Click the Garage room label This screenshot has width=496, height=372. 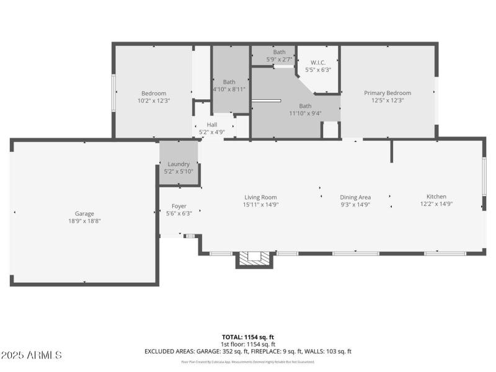84,213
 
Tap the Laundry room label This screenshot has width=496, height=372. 179,164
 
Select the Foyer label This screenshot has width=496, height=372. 179,206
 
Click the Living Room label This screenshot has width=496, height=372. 260,197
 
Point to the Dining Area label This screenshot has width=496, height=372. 355,197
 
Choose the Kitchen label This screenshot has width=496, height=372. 436,197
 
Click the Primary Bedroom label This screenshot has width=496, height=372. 387,93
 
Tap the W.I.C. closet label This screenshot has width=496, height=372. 318,63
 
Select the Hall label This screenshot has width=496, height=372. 212,125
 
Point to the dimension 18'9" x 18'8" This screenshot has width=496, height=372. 84,221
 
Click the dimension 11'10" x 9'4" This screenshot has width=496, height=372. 305,113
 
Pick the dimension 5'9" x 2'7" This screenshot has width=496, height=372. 279,60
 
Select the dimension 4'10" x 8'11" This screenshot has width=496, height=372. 229,89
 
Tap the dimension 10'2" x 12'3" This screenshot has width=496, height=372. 154,100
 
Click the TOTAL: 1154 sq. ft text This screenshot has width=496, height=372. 248,337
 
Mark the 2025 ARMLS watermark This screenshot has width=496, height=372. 32,355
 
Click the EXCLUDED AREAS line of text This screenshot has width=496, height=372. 248,351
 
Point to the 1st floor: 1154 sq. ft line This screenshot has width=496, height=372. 248,344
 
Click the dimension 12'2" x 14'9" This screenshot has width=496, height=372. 436,204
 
